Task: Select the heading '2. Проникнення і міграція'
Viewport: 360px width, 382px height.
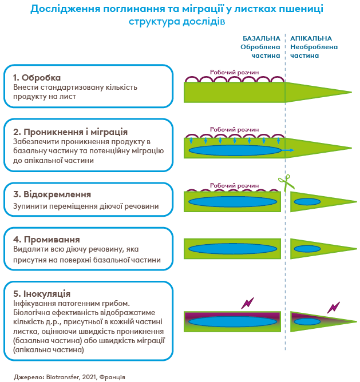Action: pyautogui.click(x=70, y=131)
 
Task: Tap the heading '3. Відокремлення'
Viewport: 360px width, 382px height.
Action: pyautogui.click(x=52, y=194)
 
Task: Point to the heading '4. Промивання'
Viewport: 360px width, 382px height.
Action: pyautogui.click(x=46, y=239)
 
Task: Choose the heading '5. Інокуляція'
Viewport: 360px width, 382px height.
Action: pyautogui.click(x=42, y=293)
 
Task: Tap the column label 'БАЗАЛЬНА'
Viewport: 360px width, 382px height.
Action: pyautogui.click(x=262, y=38)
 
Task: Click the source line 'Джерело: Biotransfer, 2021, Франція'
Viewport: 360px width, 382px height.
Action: pyautogui.click(x=69, y=377)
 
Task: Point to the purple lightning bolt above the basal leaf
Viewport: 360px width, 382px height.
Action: pyautogui.click(x=247, y=303)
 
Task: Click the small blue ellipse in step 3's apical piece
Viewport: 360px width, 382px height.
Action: pyautogui.click(x=307, y=201)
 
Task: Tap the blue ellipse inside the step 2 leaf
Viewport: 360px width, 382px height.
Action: pyautogui.click(x=235, y=150)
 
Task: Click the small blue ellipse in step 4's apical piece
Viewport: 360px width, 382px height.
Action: pyautogui.click(x=307, y=249)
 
